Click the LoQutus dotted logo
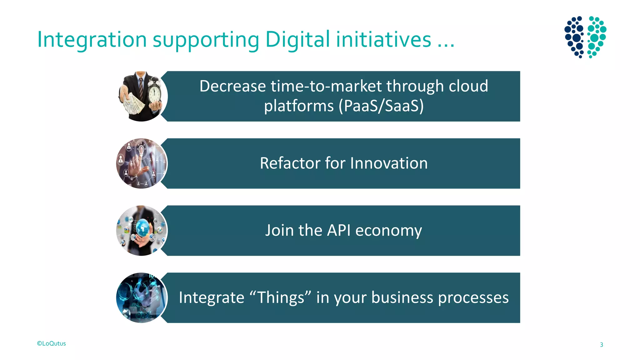click(x=585, y=37)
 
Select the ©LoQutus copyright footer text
click(x=52, y=343)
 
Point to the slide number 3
click(x=601, y=345)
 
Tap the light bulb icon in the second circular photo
click(x=141, y=148)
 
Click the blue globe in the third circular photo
click(x=143, y=227)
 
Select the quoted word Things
click(x=281, y=297)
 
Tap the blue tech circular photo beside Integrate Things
click(x=142, y=298)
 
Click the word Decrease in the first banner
click(x=232, y=86)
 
